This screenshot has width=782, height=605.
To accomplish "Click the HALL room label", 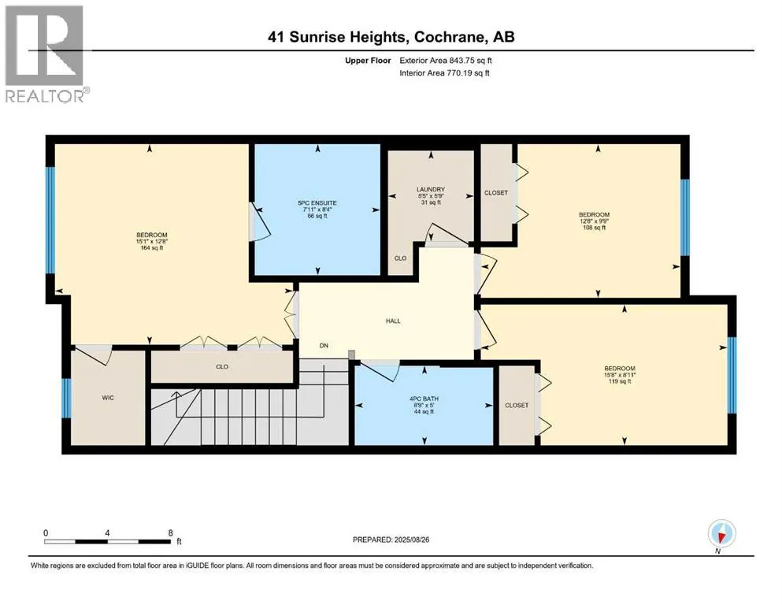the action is point(393,321).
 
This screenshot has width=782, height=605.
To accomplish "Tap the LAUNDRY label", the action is point(431,190).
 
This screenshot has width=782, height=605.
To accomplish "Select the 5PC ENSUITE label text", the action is point(317,203).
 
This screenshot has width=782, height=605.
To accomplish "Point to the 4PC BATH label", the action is point(424,399).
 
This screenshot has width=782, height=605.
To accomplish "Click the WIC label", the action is point(108,398).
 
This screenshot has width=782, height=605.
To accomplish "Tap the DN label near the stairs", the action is point(324,345).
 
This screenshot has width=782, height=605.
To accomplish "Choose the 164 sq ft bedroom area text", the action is point(152,248).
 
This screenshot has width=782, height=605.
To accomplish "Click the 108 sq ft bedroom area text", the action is point(594,228).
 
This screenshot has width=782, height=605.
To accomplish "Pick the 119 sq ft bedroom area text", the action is point(620,381).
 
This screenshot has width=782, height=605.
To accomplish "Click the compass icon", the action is point(721,533).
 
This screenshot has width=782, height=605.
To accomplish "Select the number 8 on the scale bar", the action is point(171,533).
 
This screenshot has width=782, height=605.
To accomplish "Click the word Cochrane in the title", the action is point(449,37).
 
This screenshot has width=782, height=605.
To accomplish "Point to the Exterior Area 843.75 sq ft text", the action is point(446,61).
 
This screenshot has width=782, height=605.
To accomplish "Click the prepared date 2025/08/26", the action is point(411,540).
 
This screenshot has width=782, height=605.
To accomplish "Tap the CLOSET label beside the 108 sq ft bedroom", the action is point(495,192).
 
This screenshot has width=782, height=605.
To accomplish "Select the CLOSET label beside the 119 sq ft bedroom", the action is point(517,406).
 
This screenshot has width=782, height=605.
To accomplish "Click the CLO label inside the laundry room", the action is point(400,258).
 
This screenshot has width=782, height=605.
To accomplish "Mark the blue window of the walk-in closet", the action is point(66,398).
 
